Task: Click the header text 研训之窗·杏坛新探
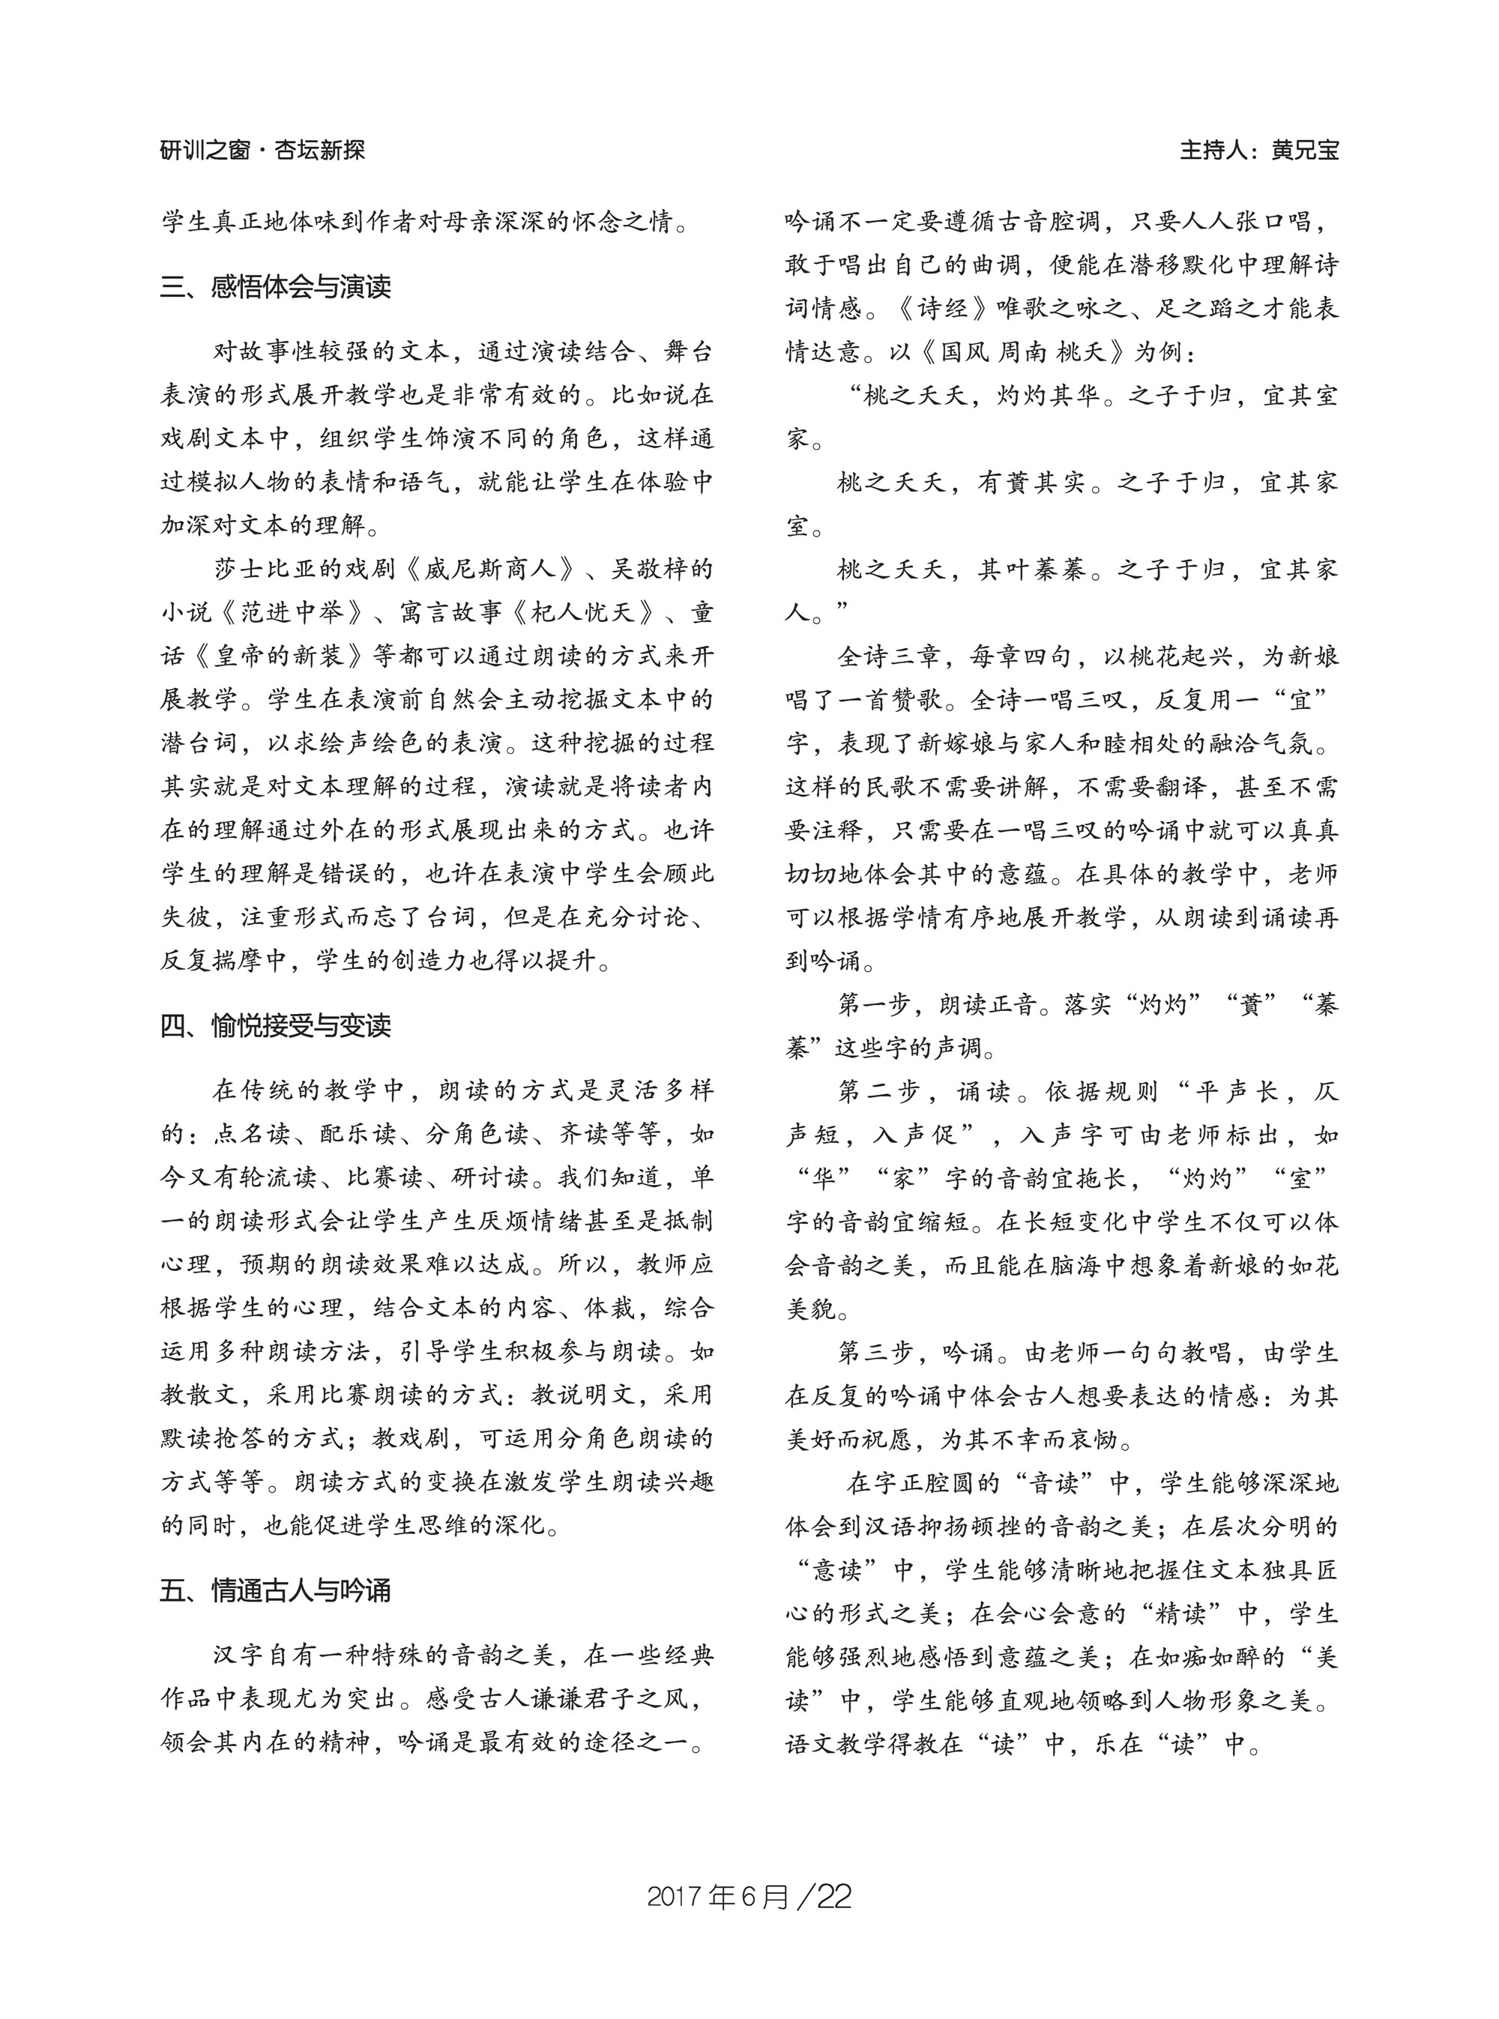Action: point(262,150)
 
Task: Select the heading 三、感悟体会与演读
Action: point(276,287)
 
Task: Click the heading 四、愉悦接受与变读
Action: point(276,1025)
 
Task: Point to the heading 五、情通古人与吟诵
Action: point(276,1591)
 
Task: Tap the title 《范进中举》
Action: point(292,612)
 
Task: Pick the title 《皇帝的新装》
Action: point(280,656)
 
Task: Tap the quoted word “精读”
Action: point(1181,1614)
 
